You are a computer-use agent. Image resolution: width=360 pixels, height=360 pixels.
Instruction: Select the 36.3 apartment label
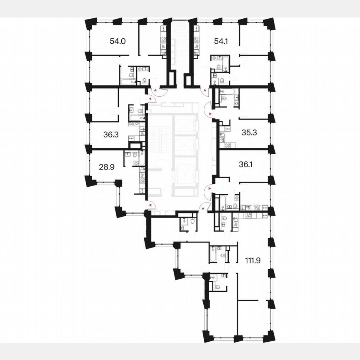(111, 135)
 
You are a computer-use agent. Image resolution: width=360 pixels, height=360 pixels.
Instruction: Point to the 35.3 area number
(250, 132)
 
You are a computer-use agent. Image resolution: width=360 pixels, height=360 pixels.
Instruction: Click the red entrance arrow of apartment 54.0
(155, 90)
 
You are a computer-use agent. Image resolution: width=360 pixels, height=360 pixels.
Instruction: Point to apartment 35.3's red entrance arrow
(210, 113)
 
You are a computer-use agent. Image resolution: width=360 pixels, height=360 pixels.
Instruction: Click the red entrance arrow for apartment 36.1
(205, 189)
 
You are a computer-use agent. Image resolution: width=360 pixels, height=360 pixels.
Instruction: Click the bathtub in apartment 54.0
(125, 82)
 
